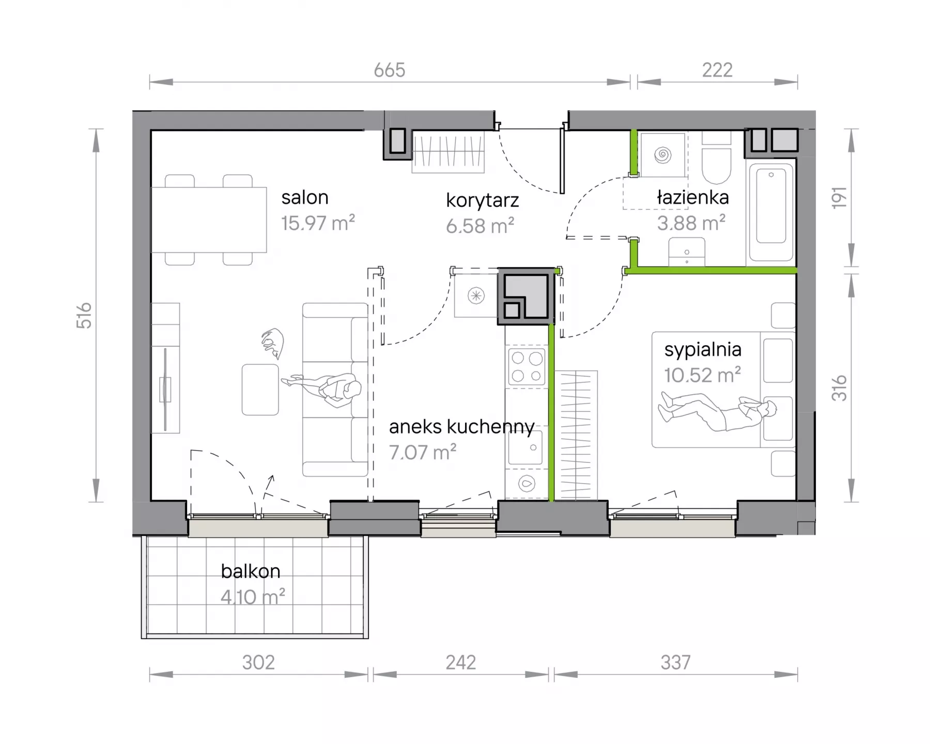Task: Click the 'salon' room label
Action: (305, 197)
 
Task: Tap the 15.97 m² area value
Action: (318, 223)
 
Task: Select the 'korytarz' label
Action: (482, 200)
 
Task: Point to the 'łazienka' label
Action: (692, 197)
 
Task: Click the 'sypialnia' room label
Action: (703, 350)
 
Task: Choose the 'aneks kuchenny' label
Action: (462, 427)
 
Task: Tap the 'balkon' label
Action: (251, 571)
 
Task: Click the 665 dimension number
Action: (390, 70)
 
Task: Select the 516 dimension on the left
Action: (84, 315)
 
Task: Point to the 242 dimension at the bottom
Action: (461, 662)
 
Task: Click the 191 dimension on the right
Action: (839, 198)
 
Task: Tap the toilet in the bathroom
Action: (716, 158)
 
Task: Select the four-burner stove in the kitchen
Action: (527, 366)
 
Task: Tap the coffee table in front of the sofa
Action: (260, 390)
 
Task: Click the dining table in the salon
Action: (209, 220)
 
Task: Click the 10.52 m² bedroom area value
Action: (703, 375)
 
